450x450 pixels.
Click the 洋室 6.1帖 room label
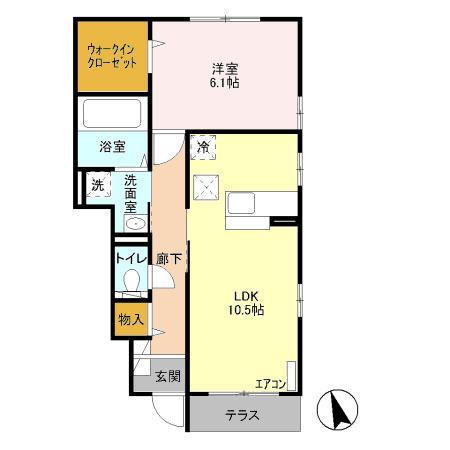point(224,75)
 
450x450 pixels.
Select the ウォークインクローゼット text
point(113,54)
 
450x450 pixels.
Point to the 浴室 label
point(112,146)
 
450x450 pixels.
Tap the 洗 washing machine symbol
point(98,185)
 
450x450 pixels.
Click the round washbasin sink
point(137,223)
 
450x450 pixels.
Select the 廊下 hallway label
point(169,259)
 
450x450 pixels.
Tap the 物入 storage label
point(130,320)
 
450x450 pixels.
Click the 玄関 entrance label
point(167,376)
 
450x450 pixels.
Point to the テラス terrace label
point(243,415)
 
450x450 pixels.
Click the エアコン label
point(270,383)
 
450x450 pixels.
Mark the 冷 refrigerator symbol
point(204,146)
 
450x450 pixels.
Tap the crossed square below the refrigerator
point(206,185)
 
